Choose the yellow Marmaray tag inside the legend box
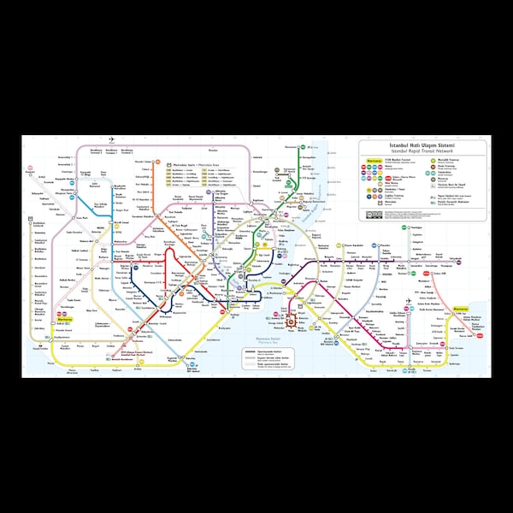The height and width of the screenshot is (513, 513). click(373, 159)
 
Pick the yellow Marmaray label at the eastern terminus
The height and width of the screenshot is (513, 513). click(460, 308)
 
